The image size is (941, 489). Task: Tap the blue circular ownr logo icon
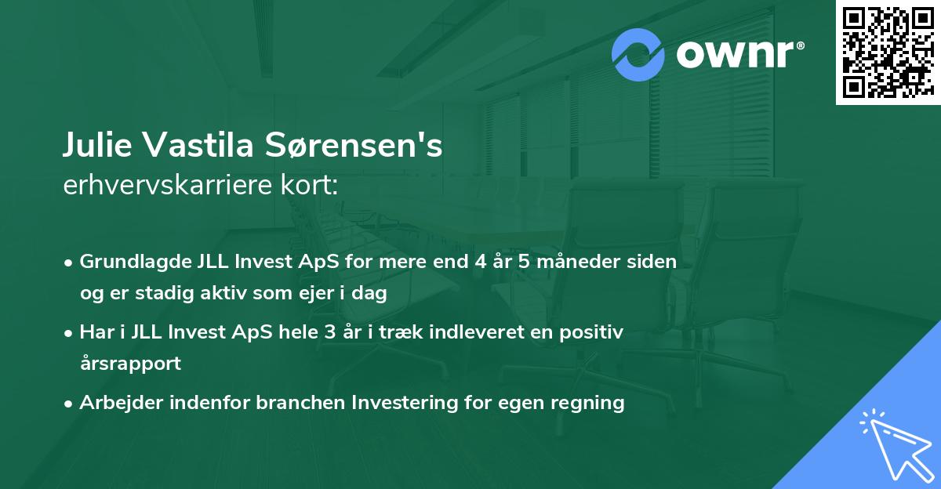(639, 55)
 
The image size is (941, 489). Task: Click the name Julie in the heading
(95, 147)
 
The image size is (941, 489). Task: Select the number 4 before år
(479, 262)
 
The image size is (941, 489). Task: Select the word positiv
(597, 332)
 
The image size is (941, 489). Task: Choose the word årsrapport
(130, 364)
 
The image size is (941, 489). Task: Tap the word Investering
(403, 403)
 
